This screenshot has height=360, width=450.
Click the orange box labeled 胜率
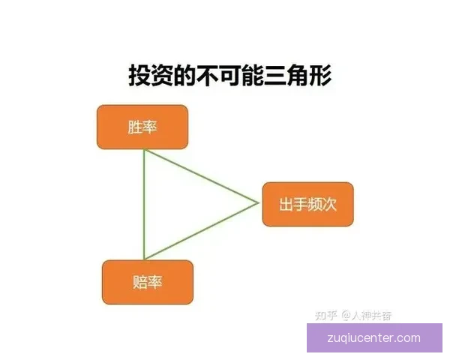point(142,127)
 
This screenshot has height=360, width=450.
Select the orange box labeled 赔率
point(148,282)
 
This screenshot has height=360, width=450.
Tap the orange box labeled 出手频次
point(307,203)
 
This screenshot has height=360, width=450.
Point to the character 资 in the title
point(163,76)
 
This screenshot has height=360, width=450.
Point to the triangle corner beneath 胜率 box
point(144,150)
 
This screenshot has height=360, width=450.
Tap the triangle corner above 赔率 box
point(144,259)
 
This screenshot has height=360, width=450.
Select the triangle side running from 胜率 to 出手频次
point(201,176)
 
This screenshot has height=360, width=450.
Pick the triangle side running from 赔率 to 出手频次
point(201,231)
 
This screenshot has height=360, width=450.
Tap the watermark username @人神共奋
point(367,315)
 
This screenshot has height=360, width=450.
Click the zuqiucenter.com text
point(374,338)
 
